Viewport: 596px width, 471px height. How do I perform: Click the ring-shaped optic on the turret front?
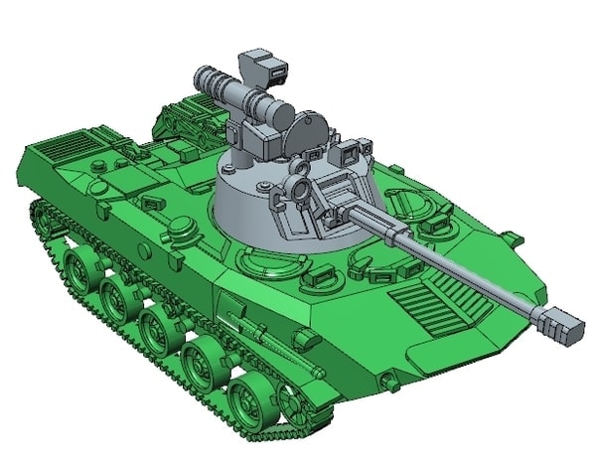(299, 189)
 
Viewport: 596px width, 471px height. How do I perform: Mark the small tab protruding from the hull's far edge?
(511, 238)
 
